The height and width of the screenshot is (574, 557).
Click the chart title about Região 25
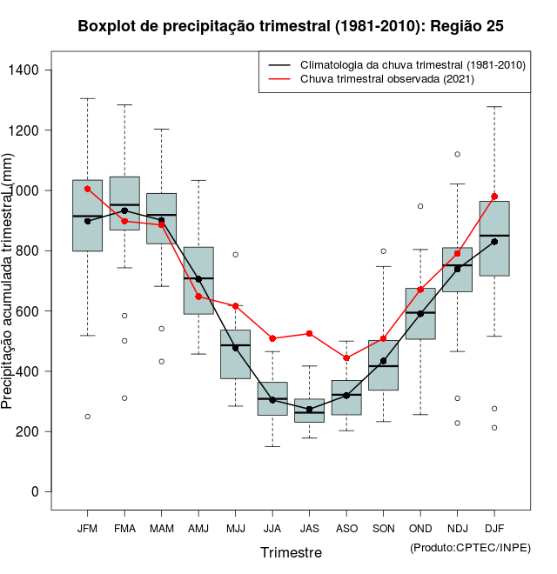pyautogui.click(x=291, y=26)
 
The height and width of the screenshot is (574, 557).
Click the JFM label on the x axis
pyautogui.click(x=87, y=528)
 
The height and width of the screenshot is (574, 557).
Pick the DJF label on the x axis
pyautogui.click(x=494, y=528)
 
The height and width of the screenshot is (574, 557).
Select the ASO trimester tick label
pyautogui.click(x=346, y=528)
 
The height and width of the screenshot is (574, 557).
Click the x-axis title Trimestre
pyautogui.click(x=291, y=552)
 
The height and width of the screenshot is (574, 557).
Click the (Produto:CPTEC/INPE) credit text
pyautogui.click(x=470, y=547)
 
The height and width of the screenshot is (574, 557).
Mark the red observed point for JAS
pyautogui.click(x=309, y=333)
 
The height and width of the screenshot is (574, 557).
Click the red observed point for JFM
pyautogui.click(x=87, y=189)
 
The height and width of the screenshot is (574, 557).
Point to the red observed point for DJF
pyautogui.click(x=494, y=197)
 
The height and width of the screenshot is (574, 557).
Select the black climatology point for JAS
pyautogui.click(x=309, y=410)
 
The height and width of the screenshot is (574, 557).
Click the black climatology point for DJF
pyautogui.click(x=494, y=242)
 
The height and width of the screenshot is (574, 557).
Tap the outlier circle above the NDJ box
pyautogui.click(x=457, y=154)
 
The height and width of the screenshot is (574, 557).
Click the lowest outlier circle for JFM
pyautogui.click(x=87, y=417)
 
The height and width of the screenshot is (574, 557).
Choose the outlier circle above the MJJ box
pyautogui.click(x=235, y=255)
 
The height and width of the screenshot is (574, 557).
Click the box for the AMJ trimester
pyautogui.click(x=198, y=280)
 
